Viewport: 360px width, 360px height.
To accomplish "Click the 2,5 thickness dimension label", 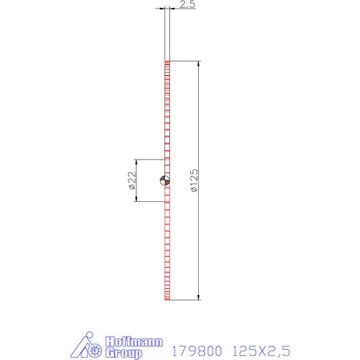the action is (x=187, y=4).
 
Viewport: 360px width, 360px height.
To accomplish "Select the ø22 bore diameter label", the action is (x=132, y=180).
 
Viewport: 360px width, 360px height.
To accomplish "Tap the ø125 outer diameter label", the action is (x=194, y=181).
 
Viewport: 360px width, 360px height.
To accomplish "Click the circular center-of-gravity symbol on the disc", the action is (x=164, y=180).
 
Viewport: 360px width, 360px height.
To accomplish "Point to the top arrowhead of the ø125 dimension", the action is (x=199, y=64).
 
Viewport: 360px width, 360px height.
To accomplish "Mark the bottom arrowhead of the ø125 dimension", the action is (x=199, y=297).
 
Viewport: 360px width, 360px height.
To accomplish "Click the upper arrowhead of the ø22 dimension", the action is (x=136, y=162).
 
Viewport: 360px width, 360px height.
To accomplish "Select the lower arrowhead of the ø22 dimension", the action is (x=136, y=199).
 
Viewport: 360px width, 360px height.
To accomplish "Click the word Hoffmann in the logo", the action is (x=134, y=341).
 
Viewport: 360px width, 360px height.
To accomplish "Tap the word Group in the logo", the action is (x=124, y=353).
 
